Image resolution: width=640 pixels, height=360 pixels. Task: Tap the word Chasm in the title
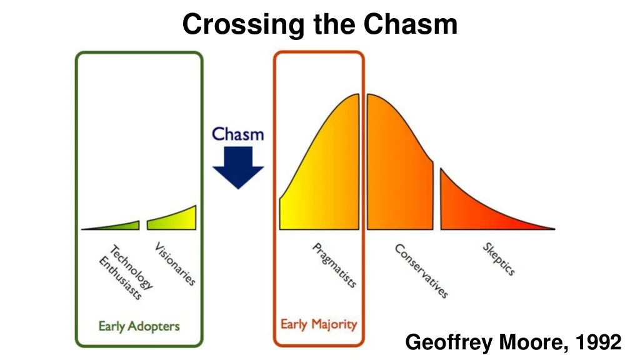(411, 24)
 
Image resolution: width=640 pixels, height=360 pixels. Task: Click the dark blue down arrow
(238, 167)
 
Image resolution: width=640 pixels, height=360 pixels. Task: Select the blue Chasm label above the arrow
(238, 134)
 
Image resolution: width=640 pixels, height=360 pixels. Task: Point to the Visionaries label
(175, 264)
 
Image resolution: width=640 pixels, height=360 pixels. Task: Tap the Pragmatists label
(334, 265)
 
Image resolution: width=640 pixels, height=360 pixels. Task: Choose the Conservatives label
(421, 271)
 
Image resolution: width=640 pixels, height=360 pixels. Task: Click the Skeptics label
(499, 259)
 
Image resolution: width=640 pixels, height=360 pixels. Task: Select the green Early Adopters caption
(139, 326)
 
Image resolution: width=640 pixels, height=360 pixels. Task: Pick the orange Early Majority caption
(319, 324)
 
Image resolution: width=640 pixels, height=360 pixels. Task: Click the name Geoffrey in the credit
(449, 342)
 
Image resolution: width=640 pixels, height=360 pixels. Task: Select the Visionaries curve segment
(171, 218)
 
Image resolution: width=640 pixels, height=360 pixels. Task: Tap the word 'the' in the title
(334, 24)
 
